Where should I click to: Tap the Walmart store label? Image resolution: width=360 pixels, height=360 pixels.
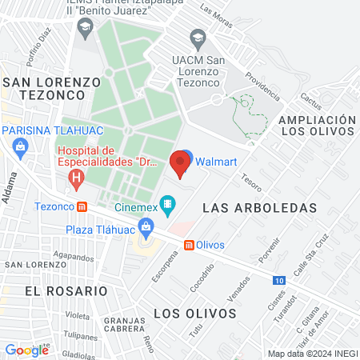click(x=216, y=161)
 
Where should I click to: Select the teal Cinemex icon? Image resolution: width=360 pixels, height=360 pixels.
click(x=167, y=206)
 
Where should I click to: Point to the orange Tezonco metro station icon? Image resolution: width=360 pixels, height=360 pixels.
click(x=82, y=206)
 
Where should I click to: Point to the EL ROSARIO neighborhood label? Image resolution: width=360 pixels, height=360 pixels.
click(x=54, y=290)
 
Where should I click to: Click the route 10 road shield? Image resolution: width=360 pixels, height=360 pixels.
click(x=278, y=280)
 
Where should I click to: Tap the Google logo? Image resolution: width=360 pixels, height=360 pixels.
click(x=26, y=350)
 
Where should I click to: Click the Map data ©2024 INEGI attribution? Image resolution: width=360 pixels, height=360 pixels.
click(x=311, y=354)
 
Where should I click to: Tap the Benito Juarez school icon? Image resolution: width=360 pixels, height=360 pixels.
click(x=85, y=29)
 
